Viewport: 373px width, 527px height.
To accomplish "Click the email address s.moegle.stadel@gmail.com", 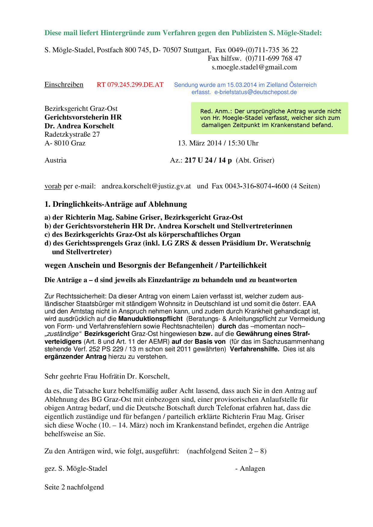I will pos(254,67).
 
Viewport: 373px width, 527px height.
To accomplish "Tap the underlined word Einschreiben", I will pos(64,85).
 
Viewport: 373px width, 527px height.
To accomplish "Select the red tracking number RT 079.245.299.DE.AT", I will pos(130,85).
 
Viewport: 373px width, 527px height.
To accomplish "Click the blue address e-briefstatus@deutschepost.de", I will pos(255,92).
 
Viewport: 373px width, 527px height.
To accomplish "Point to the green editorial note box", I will pos(269,118).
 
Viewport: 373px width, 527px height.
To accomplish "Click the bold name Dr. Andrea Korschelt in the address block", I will pos(79,126).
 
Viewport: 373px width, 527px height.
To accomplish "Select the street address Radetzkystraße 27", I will pos(72,134).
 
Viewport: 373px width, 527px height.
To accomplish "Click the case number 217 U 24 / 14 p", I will pos(208,160).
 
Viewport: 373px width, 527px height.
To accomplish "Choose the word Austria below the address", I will pos(55,160).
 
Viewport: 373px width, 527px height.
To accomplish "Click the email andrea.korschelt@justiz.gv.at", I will pos(146,186).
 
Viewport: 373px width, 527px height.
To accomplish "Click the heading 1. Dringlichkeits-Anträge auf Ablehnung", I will pos(116,204).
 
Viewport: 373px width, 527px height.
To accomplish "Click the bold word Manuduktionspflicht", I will pos(150,318).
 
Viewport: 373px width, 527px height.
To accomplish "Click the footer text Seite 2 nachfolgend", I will pos(74,487).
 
